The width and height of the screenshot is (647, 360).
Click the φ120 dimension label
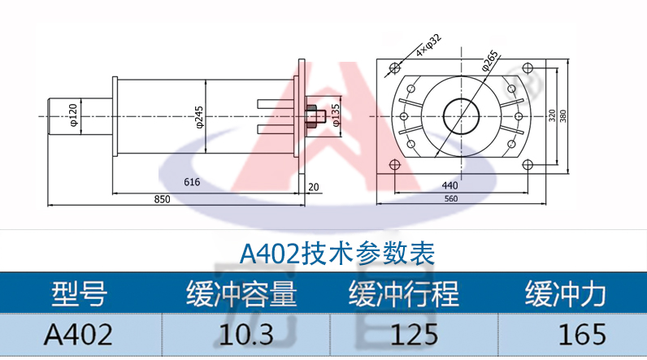click(72, 115)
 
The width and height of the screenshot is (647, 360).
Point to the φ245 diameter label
click(199, 117)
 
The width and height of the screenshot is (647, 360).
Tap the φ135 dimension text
click(336, 115)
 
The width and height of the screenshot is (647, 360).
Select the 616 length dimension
click(192, 182)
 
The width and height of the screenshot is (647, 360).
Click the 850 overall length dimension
click(163, 199)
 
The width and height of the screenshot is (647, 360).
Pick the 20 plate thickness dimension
click(314, 187)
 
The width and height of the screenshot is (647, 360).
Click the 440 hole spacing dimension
click(449, 185)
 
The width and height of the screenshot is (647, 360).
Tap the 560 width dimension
click(451, 199)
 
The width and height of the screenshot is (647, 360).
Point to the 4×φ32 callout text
click(428, 46)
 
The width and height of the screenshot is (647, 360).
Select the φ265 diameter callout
click(490, 61)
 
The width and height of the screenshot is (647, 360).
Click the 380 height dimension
click(563, 116)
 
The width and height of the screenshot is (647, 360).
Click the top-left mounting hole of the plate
click(395, 67)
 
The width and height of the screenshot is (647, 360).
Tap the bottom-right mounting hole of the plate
click(528, 165)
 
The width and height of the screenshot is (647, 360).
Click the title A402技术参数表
click(337, 254)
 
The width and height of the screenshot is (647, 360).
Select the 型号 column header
click(79, 293)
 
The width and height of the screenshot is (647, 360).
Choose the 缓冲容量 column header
click(241, 293)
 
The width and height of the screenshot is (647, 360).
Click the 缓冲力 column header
click(565, 293)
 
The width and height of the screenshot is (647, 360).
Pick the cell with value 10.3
click(246, 335)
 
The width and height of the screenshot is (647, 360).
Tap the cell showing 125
click(415, 335)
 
